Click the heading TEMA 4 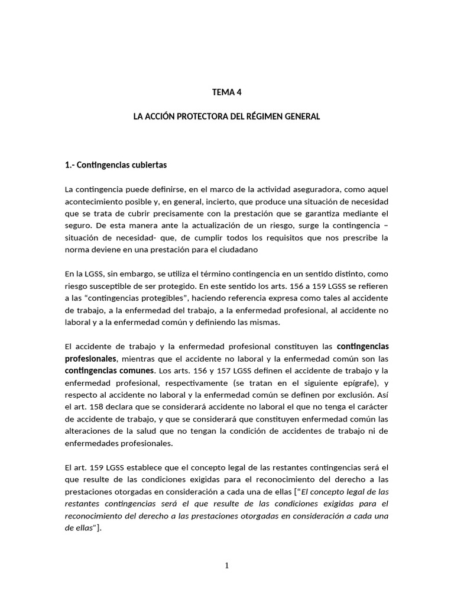(227, 92)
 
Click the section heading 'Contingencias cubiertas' (122, 165)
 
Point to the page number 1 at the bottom (227, 565)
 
